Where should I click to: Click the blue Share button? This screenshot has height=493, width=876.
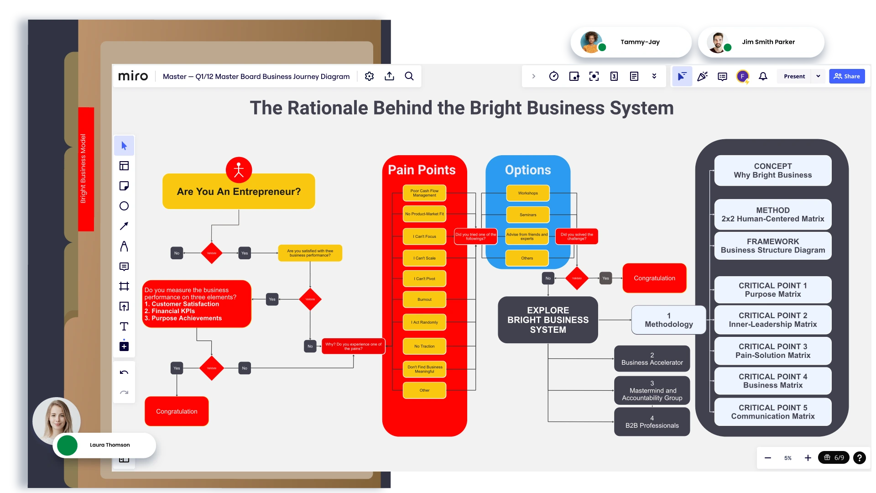[847, 76]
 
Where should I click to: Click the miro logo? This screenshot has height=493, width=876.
[133, 76]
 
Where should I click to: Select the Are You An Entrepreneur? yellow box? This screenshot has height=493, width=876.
[239, 192]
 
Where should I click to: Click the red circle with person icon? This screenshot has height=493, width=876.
[239, 170]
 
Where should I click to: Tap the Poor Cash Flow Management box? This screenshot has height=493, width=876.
[424, 193]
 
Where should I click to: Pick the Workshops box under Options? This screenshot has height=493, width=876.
[528, 193]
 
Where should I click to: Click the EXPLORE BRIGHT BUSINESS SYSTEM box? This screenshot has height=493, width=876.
[547, 320]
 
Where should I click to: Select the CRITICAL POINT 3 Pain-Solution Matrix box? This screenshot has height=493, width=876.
[772, 351]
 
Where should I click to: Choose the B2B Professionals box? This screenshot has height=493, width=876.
[652, 422]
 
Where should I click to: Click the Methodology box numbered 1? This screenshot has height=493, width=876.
[668, 320]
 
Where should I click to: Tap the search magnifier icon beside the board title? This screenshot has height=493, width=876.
[409, 76]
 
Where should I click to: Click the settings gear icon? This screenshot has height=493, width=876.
[369, 76]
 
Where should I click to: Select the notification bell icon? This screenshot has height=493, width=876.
[763, 76]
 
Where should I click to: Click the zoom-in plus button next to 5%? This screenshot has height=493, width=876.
[808, 458]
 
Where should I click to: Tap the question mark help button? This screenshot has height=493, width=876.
[859, 458]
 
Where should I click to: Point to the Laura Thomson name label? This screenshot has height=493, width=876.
[109, 445]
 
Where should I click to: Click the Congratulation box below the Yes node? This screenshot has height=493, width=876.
[177, 411]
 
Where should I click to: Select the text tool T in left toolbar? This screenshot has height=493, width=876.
[124, 326]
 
